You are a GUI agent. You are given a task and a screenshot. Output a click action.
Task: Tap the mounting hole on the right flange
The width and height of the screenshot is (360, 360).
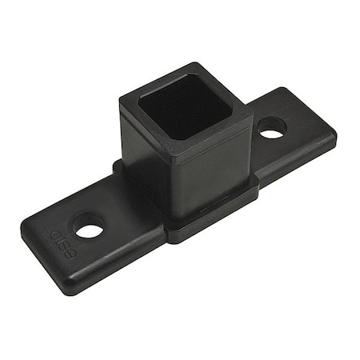pos(272,128)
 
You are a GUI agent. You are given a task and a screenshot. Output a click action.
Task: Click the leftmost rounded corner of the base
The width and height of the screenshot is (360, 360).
pos(24,225)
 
